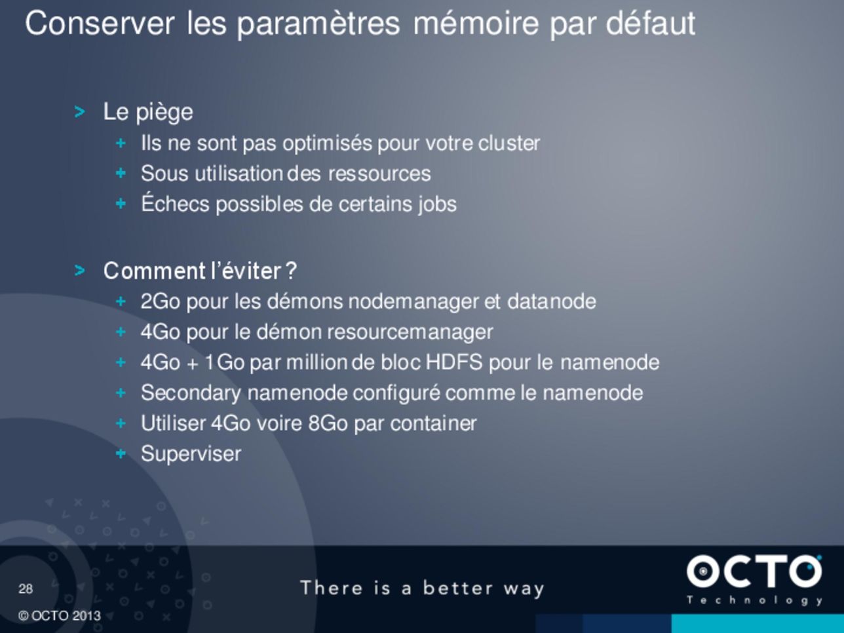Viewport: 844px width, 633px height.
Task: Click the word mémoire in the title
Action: point(476,24)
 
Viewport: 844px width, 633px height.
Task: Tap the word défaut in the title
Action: point(651,24)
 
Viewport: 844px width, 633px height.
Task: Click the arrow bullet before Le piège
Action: point(79,112)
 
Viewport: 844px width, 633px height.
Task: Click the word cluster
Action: point(509,143)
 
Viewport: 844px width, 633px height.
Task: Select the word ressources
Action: point(379,174)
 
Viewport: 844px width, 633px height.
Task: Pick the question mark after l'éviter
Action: point(291,271)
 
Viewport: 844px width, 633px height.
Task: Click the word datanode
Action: point(552,301)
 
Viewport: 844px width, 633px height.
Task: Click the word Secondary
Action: point(191,393)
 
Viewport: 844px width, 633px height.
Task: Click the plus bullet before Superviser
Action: point(121,453)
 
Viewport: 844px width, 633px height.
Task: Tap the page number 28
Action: point(26,588)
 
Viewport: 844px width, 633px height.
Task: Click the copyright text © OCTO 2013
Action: point(60,616)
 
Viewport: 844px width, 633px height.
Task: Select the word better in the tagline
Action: point(458,588)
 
